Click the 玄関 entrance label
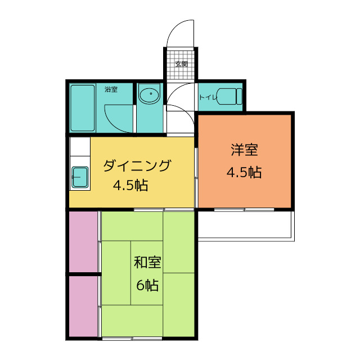pyautogui.click(x=182, y=64)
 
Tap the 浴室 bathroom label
pyautogui.click(x=111, y=89)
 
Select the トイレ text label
pyautogui.click(x=208, y=97)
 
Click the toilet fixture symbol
pyautogui.click(x=229, y=96)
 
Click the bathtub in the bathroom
pyautogui.click(x=83, y=108)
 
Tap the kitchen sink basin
pyautogui.click(x=80, y=177)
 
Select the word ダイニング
pyautogui.click(x=137, y=166)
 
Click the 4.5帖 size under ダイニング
pyautogui.click(x=130, y=185)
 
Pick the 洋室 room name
pyautogui.click(x=245, y=150)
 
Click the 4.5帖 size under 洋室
pyautogui.click(x=244, y=172)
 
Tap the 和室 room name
pyautogui.click(x=147, y=262)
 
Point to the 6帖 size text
pyautogui.click(x=147, y=285)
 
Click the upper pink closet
pyautogui.click(x=83, y=241)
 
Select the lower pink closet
pyautogui.click(x=83, y=307)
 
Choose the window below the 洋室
pyautogui.click(x=244, y=210)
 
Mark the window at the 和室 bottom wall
pyautogui.click(x=132, y=338)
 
